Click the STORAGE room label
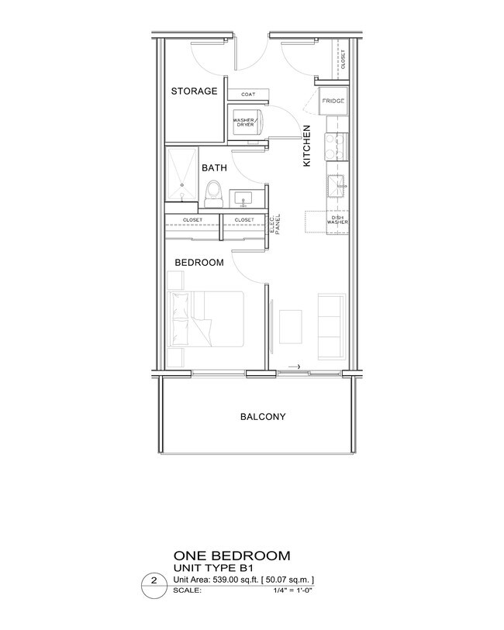pyautogui.click(x=194, y=91)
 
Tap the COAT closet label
pyautogui.click(x=248, y=95)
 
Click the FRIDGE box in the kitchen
pyautogui.click(x=333, y=101)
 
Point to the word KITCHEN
pyautogui.click(x=306, y=146)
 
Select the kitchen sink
pyautogui.click(x=337, y=187)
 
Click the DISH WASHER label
pyautogui.click(x=337, y=220)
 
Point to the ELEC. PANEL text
pyautogui.click(x=275, y=224)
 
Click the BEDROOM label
pyautogui.click(x=199, y=263)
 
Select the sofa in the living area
pyautogui.click(x=332, y=326)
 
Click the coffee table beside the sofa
pyautogui.click(x=291, y=327)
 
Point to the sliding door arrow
pyautogui.click(x=294, y=367)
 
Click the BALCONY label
pyautogui.click(x=263, y=417)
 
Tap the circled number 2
pyautogui.click(x=154, y=580)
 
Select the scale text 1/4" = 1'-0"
pyautogui.click(x=292, y=590)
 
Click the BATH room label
pyautogui.click(x=214, y=168)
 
